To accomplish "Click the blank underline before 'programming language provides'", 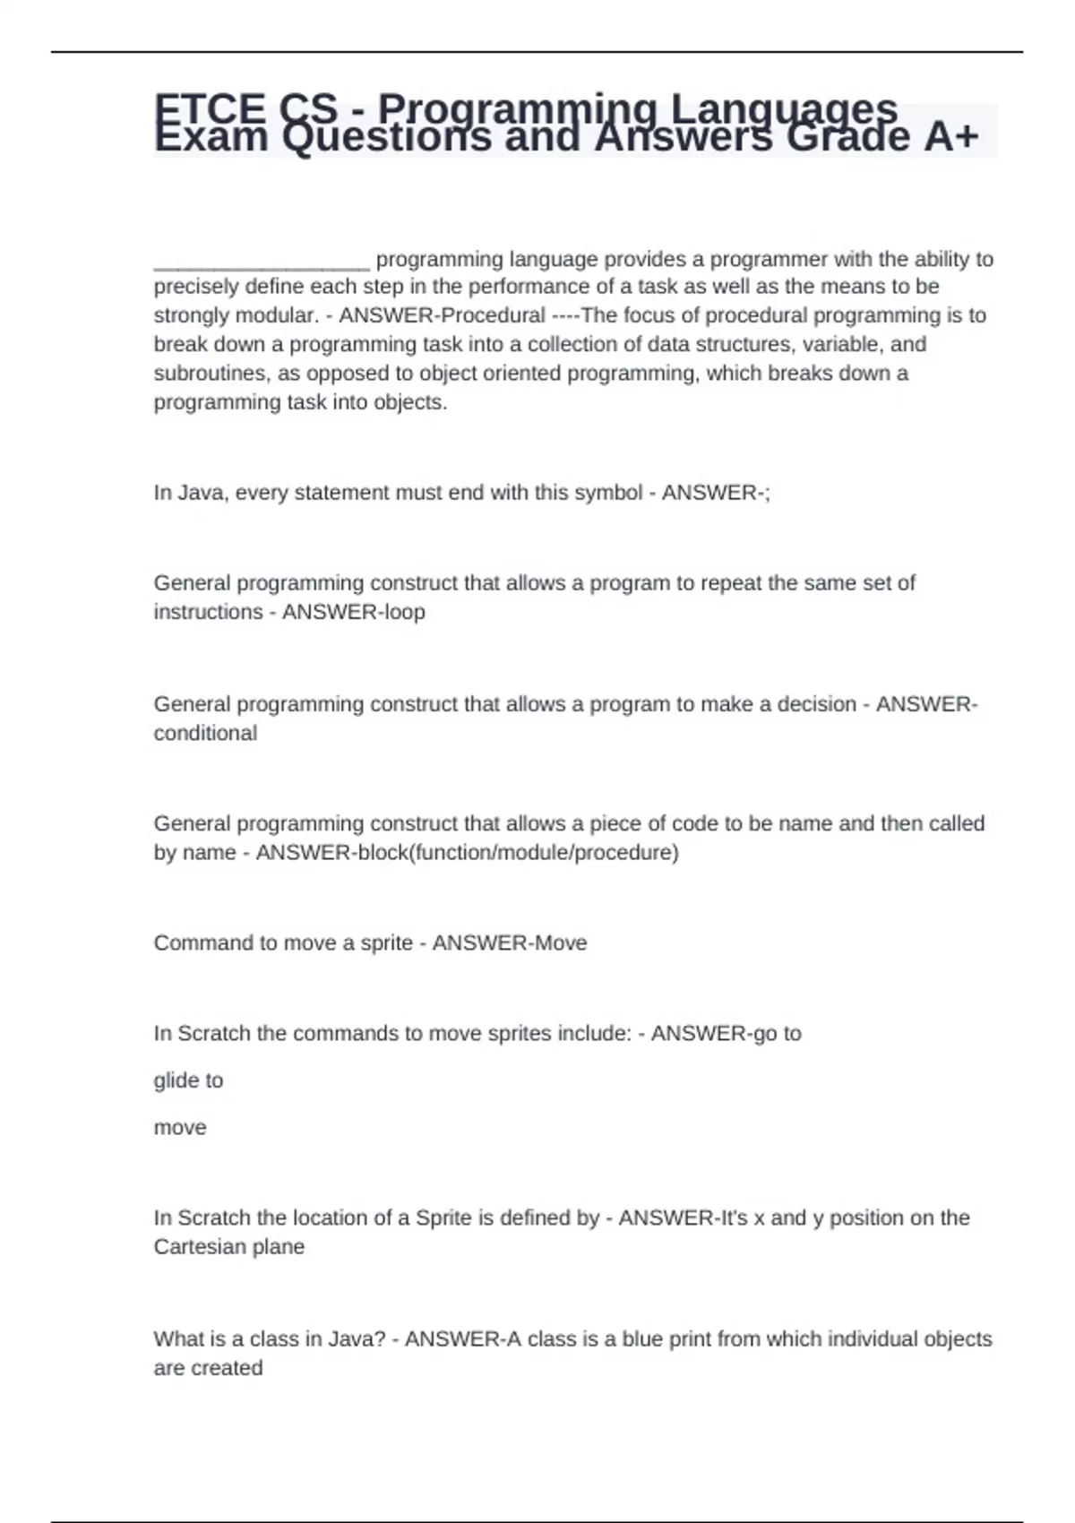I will click(262, 261).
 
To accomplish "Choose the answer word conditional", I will click(205, 733).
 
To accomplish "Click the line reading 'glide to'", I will click(188, 1080).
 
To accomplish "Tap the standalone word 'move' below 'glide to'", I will click(180, 1127).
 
